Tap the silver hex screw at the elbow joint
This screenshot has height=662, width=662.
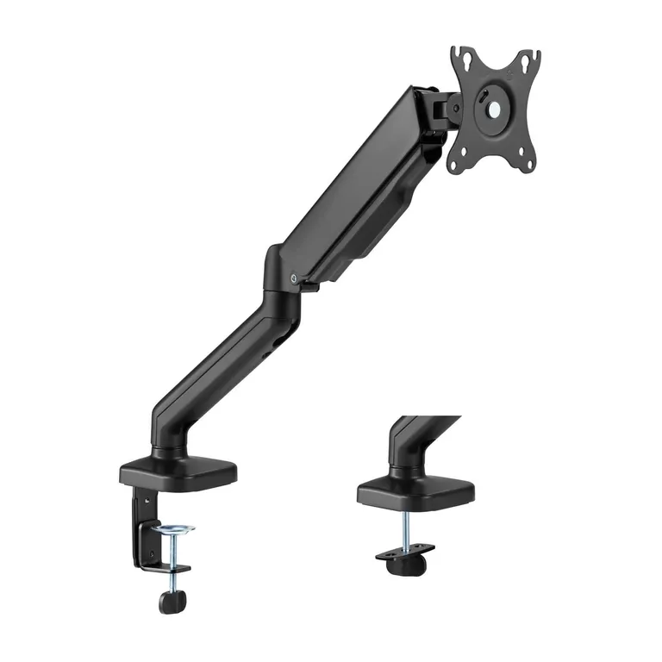tap(296, 278)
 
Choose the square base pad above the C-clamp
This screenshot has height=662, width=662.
tap(178, 472)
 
